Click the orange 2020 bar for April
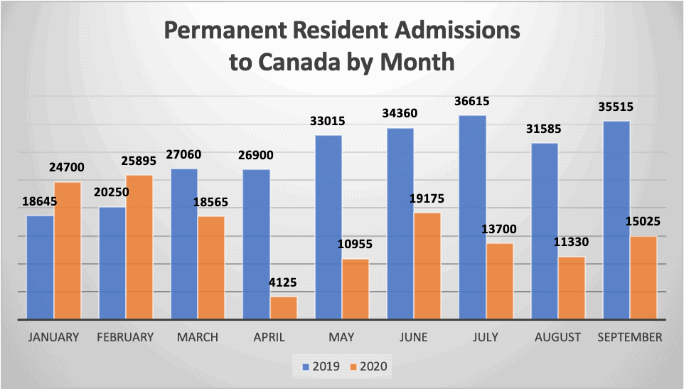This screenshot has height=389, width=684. [284, 307]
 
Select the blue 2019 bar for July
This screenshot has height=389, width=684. [472, 217]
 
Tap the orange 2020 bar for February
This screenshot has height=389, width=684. [139, 247]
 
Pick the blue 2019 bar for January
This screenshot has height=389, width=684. [40, 267]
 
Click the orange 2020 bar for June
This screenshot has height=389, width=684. [427, 265]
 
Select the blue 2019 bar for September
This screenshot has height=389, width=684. [616, 220]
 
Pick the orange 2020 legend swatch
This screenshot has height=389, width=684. [354, 366]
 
